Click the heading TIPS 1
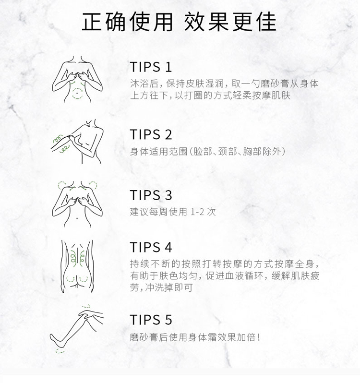pyautogui.click(x=151, y=67)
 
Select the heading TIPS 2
pyautogui.click(x=151, y=134)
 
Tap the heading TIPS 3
pyautogui.click(x=151, y=195)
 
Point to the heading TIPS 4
pyautogui.click(x=151, y=247)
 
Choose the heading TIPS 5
pyautogui.click(x=151, y=320)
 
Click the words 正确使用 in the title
pyautogui.click(x=127, y=22)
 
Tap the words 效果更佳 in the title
pyautogui.click(x=230, y=22)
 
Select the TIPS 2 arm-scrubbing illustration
pyautogui.click(x=77, y=142)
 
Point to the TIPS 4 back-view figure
pyautogui.click(x=77, y=266)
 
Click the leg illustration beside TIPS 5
pyautogui.click(x=77, y=329)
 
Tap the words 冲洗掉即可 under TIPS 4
pyautogui.click(x=169, y=287)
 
